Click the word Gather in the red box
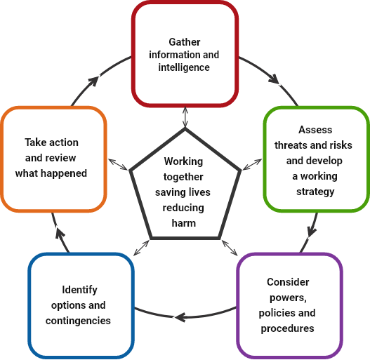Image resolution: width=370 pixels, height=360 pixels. coord(185,42)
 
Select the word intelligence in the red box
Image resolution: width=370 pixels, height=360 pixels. coord(184,67)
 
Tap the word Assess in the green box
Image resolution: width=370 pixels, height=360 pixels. coord(315,130)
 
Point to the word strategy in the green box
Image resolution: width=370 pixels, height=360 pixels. coord(315,192)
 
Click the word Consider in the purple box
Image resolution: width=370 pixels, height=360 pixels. coord(288,282)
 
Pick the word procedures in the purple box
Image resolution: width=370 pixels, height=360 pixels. coord(287,328)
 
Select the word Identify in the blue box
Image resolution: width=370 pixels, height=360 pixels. coord(79,290)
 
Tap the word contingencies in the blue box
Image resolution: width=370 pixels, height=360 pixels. coord(78,321)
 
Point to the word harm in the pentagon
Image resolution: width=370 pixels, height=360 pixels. coord(184,223)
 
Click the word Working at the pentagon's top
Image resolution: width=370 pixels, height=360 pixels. coord(183,161)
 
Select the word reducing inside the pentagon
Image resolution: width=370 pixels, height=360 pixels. coord(183,208)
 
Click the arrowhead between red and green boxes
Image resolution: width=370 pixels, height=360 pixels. coord(275,79)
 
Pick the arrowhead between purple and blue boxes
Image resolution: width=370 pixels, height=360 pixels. coord(180,317)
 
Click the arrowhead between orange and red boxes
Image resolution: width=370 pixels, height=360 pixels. coord(93,81)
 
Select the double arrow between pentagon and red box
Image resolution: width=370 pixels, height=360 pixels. coord(185,117)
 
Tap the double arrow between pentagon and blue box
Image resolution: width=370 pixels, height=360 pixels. coord(141,248)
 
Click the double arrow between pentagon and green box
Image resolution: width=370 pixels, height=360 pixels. coord(252,164)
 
